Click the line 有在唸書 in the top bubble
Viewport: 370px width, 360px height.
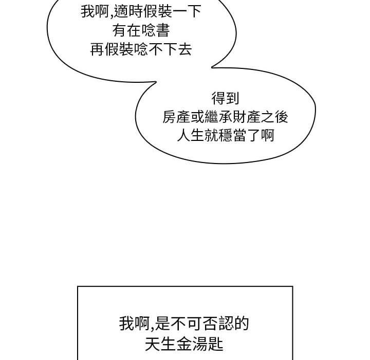[x=141, y=31]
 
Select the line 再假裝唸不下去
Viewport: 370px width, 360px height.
[x=141, y=51]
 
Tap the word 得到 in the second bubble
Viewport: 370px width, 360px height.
[x=225, y=98]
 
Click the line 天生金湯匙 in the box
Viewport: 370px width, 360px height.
[x=184, y=343]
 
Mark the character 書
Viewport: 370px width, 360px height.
[x=162, y=31]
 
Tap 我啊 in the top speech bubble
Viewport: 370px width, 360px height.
[x=93, y=12]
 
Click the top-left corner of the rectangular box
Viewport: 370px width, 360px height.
[x=78, y=286]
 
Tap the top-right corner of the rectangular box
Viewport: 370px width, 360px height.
[x=292, y=286]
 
